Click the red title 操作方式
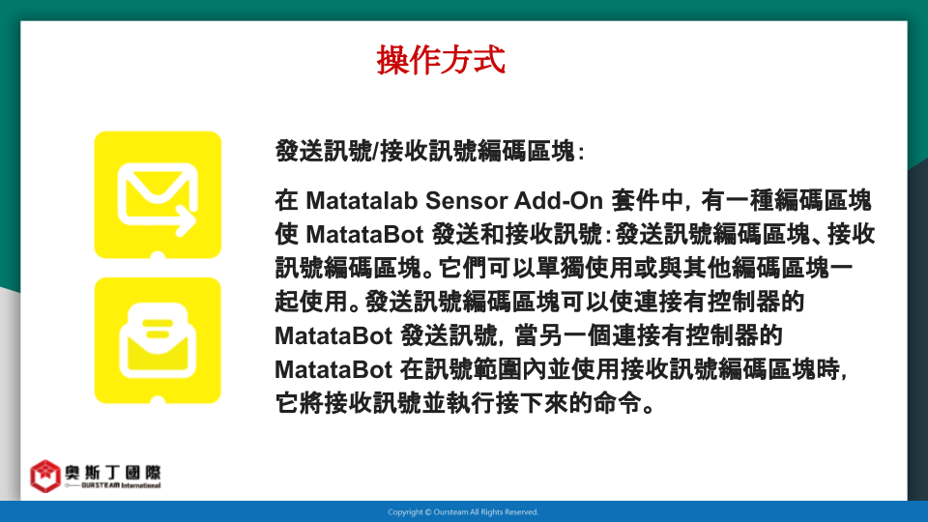click(441, 60)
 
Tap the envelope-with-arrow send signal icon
click(158, 194)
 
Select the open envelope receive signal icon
click(158, 341)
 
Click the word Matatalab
click(362, 201)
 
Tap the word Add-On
click(558, 201)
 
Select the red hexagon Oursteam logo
click(45, 476)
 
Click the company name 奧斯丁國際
click(112, 473)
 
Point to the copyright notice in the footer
click(463, 512)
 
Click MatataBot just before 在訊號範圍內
click(333, 370)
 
